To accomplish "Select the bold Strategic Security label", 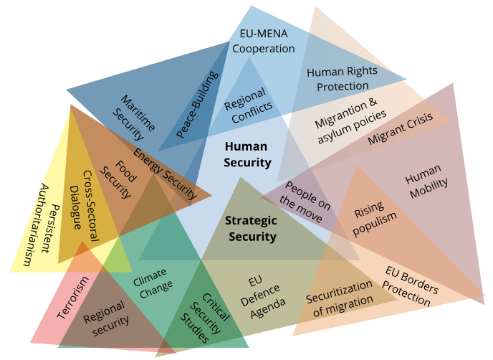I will point(250,229).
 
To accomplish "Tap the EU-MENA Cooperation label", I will point(264,42).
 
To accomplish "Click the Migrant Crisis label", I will point(401,129).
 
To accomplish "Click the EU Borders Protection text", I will point(411,286).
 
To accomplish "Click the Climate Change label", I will point(153,280).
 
